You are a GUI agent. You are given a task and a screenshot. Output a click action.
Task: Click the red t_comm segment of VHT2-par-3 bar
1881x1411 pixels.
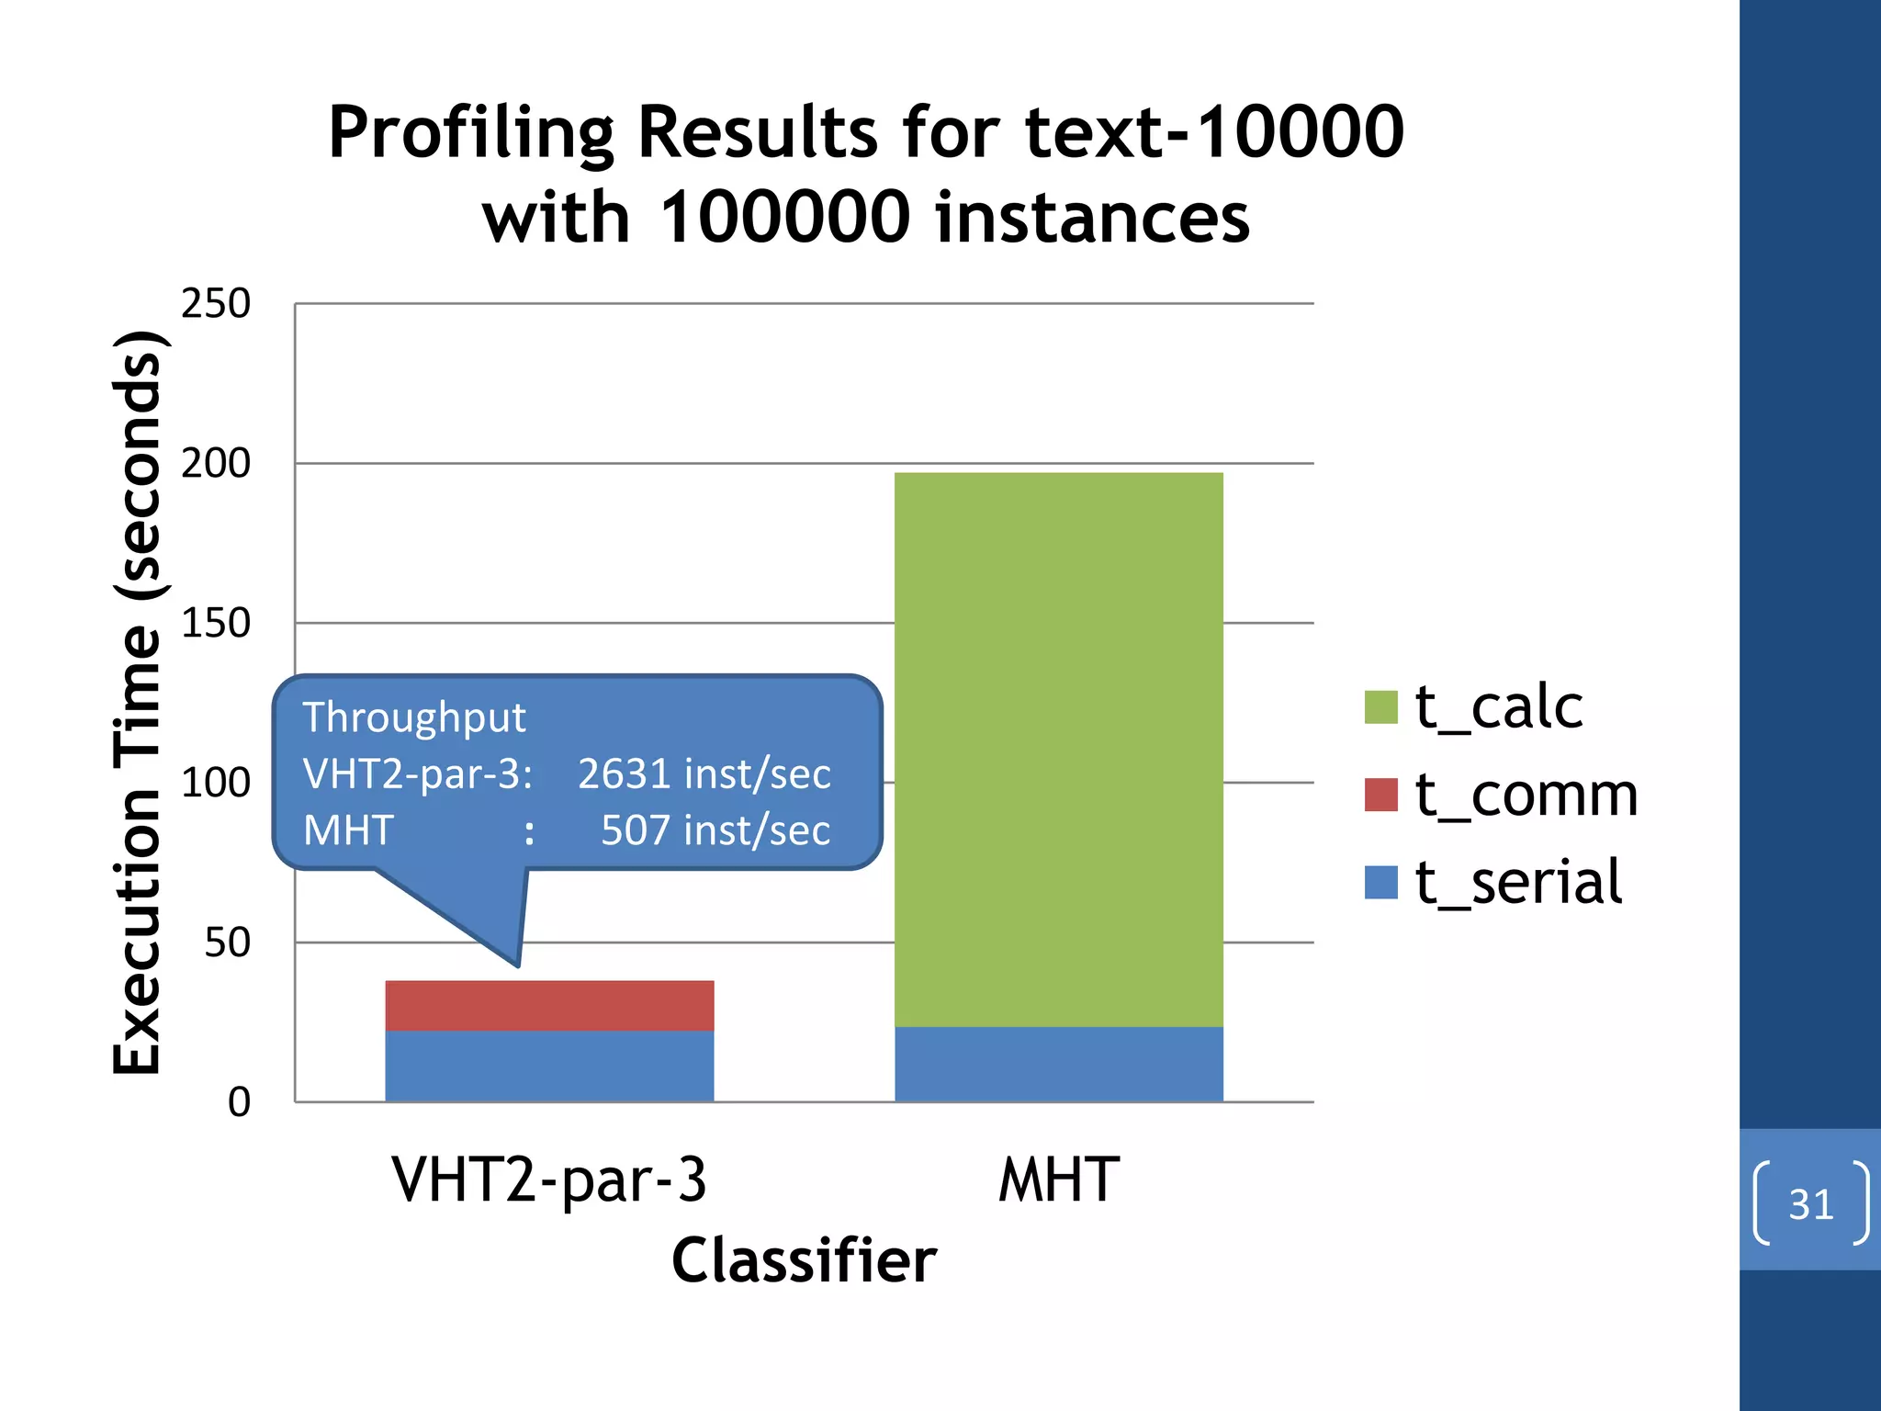click(549, 1005)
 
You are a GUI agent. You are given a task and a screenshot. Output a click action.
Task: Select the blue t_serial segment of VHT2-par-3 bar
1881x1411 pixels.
click(549, 1066)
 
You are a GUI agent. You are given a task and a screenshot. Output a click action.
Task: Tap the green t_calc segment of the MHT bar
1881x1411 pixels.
click(1058, 749)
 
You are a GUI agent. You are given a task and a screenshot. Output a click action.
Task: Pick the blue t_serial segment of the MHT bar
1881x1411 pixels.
click(1058, 1064)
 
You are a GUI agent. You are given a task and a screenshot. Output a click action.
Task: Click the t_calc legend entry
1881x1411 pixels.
click(1498, 707)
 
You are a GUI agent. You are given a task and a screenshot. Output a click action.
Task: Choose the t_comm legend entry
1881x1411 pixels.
click(1525, 795)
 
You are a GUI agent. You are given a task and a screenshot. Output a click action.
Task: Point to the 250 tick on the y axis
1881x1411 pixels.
click(216, 304)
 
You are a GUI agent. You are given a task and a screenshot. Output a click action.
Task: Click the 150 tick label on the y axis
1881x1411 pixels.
click(216, 624)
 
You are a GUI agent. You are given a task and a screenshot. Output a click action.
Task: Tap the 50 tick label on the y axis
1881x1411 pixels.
click(227, 943)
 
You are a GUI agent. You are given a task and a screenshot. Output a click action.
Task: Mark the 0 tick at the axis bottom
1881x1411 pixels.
click(239, 1102)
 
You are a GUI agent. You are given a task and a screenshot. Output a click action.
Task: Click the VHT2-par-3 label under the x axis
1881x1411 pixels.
click(549, 1180)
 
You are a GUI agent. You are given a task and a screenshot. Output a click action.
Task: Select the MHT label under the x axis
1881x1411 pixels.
click(1058, 1180)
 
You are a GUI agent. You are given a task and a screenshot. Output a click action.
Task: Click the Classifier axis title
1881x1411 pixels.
click(804, 1260)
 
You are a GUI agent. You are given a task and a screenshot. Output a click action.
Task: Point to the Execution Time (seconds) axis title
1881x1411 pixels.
click(138, 703)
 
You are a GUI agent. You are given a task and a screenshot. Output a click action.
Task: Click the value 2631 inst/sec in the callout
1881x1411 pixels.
click(704, 773)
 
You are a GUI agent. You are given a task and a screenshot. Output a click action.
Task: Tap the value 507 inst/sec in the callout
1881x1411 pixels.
click(715, 830)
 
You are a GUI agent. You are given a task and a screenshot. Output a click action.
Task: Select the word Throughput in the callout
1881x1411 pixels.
click(414, 717)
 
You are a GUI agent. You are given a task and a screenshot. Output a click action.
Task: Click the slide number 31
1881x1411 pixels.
click(1810, 1203)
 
